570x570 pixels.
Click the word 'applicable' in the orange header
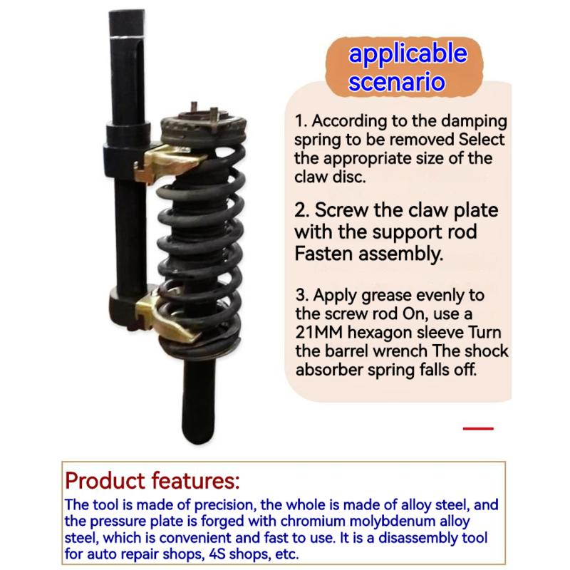coord(408,54)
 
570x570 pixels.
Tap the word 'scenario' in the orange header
coord(397,81)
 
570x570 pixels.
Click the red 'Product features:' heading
coord(152,480)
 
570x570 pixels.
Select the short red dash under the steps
coord(478,429)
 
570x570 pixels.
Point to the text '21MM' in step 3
coord(318,332)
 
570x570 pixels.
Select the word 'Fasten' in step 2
coord(324,254)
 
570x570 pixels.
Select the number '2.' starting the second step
coord(302,210)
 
